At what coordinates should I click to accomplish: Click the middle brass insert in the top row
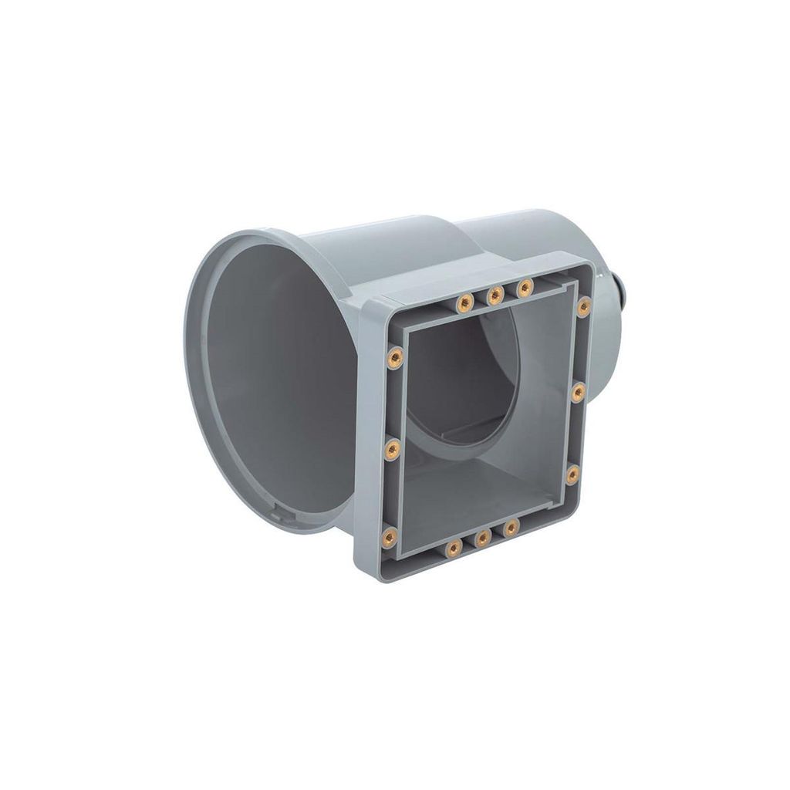(x=495, y=294)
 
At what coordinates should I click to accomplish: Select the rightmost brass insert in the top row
(x=525, y=288)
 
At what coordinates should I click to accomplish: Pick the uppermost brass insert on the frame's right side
(x=584, y=306)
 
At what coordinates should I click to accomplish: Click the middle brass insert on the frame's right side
(x=578, y=392)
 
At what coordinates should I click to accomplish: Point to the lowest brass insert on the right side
(x=572, y=474)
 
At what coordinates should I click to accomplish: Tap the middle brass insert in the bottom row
(x=482, y=538)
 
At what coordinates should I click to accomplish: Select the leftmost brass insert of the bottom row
(x=453, y=548)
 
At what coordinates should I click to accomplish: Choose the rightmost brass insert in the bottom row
(x=511, y=528)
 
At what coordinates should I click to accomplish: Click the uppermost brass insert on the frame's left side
(x=394, y=356)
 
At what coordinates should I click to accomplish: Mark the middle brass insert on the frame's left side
(x=392, y=447)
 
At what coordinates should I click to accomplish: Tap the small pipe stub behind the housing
(x=626, y=292)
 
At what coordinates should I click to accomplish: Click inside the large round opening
(x=262, y=386)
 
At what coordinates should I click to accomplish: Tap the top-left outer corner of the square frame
(x=363, y=302)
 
